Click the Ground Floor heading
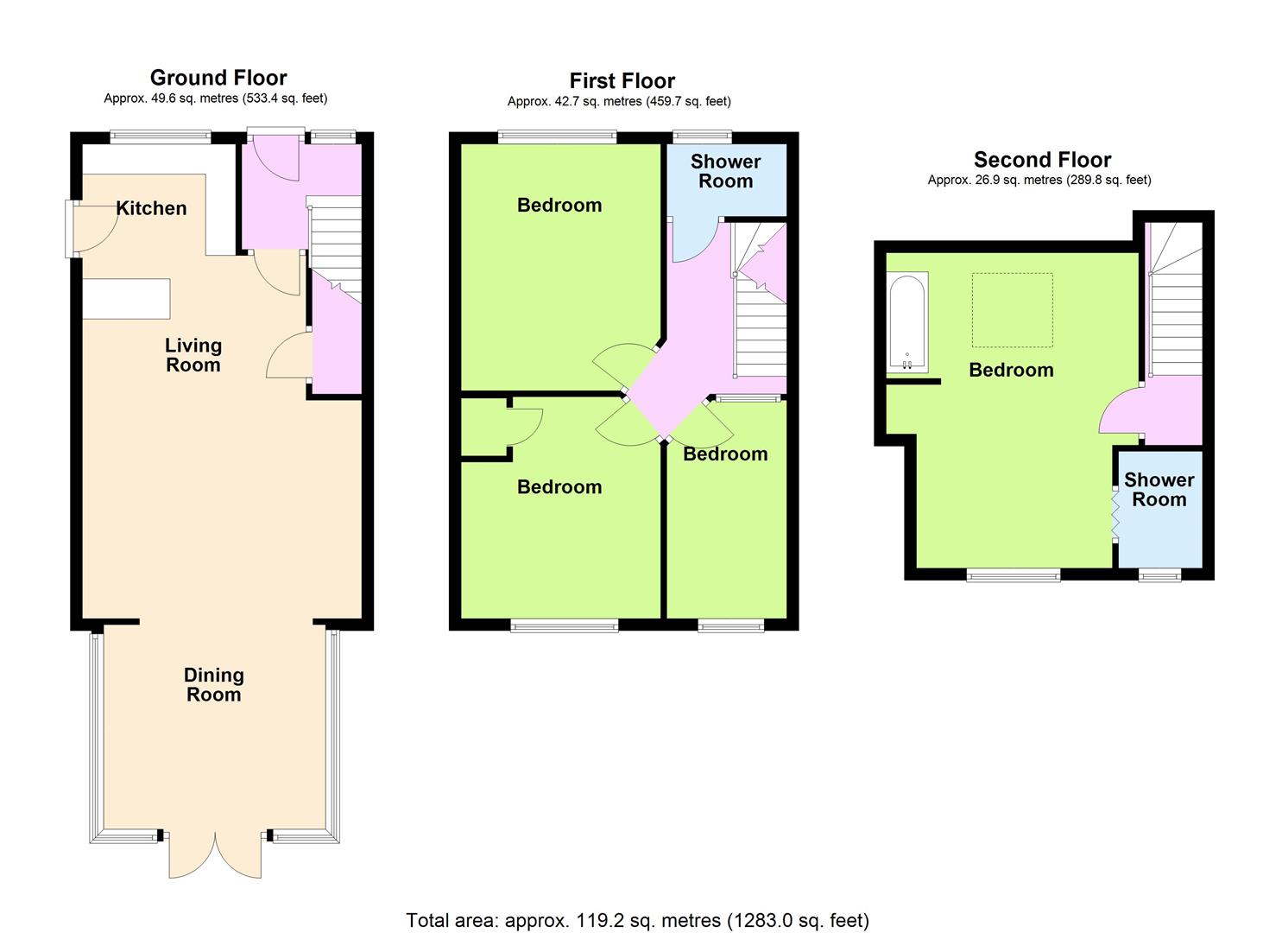(x=218, y=78)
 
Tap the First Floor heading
(x=622, y=80)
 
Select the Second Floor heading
(x=1042, y=159)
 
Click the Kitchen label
(x=151, y=208)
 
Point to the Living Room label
(x=193, y=355)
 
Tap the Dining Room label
(x=213, y=684)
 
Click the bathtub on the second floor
(x=907, y=322)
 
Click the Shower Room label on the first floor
(x=725, y=171)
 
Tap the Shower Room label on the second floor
(x=1159, y=490)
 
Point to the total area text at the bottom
(x=638, y=920)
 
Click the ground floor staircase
(x=335, y=249)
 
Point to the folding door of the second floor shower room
(x=1115, y=514)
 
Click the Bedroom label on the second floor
(x=1011, y=370)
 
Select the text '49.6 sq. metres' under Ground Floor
(x=194, y=98)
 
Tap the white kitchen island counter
(x=127, y=298)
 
